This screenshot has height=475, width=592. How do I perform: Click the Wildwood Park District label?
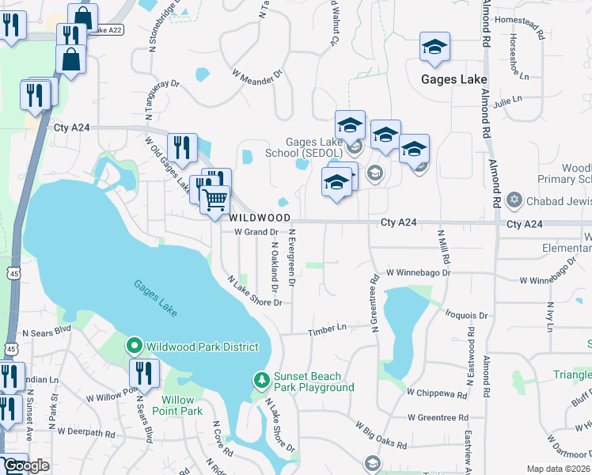203,347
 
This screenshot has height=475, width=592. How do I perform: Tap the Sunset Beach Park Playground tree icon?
262,382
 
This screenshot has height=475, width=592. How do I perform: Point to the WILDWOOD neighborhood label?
260,217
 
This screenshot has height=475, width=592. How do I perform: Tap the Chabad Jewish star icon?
514,201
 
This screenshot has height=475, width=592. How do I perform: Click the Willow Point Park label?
182,405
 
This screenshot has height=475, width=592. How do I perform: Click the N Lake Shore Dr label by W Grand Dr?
255,291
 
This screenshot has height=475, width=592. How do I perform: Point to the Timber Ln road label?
328,329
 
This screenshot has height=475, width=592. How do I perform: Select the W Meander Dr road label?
257,75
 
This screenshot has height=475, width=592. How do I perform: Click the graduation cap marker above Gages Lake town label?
435,47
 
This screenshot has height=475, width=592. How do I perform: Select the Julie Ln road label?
507,101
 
